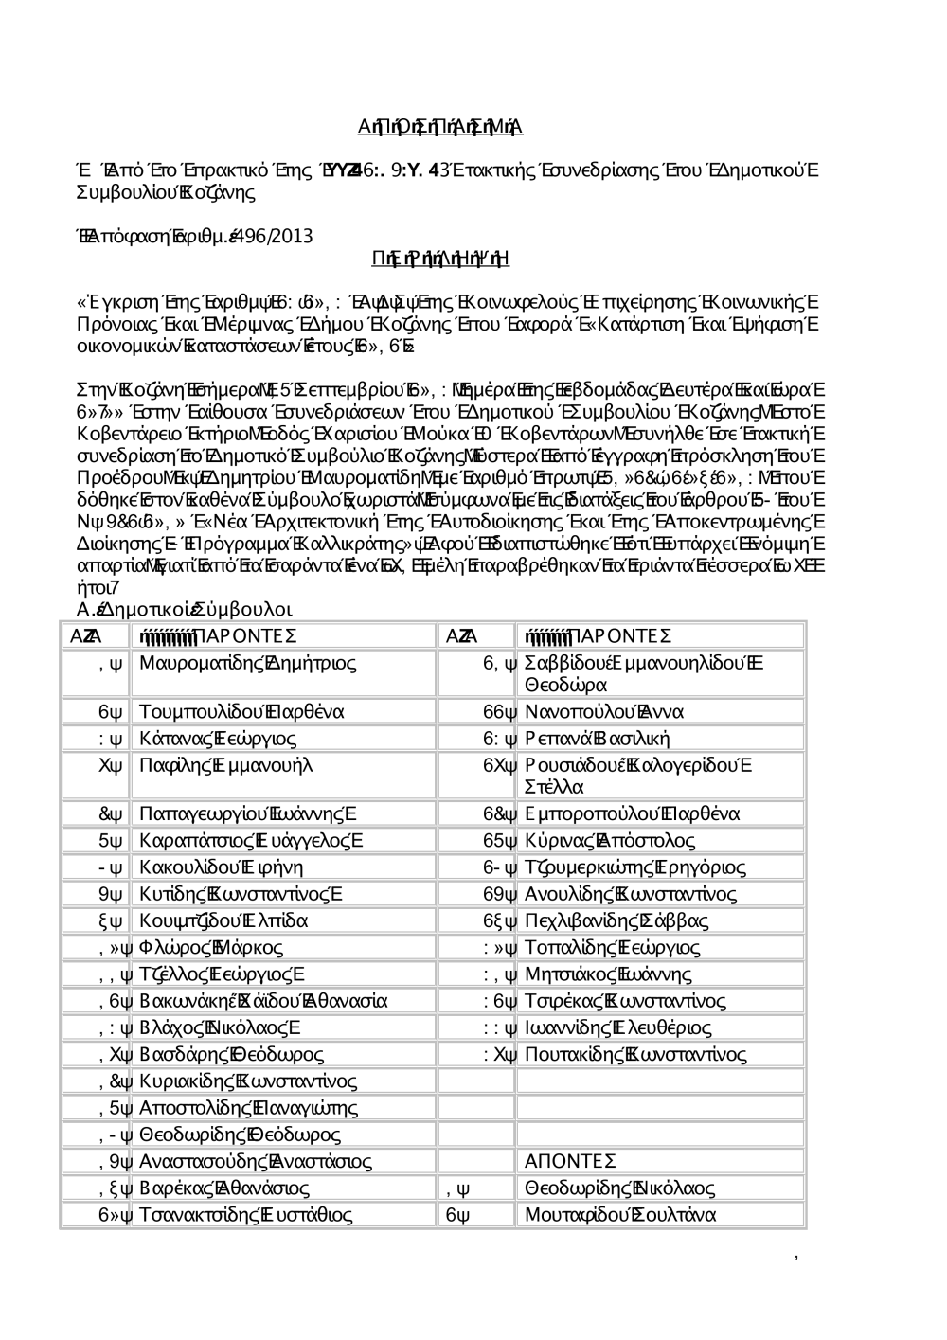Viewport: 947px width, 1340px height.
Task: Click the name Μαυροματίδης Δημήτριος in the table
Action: coord(247,663)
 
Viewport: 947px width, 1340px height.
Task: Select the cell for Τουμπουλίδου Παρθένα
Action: coord(241,712)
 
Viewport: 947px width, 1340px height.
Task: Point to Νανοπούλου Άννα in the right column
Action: coord(604,712)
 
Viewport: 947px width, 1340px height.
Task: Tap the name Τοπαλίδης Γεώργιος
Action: coord(612,948)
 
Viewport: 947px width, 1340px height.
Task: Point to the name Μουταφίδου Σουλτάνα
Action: coord(620,1215)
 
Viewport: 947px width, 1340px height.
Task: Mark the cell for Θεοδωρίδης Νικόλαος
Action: coord(619,1188)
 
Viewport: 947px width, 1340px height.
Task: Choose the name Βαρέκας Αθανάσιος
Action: coord(224,1188)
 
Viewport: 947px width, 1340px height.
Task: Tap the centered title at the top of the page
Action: coord(440,128)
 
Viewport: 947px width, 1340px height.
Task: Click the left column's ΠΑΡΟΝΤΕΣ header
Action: coord(218,635)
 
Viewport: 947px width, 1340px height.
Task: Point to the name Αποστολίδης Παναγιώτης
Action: coord(248,1108)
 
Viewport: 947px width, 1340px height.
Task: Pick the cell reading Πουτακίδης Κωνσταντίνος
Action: coord(635,1055)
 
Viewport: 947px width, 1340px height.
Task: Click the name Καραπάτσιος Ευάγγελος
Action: coord(251,841)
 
